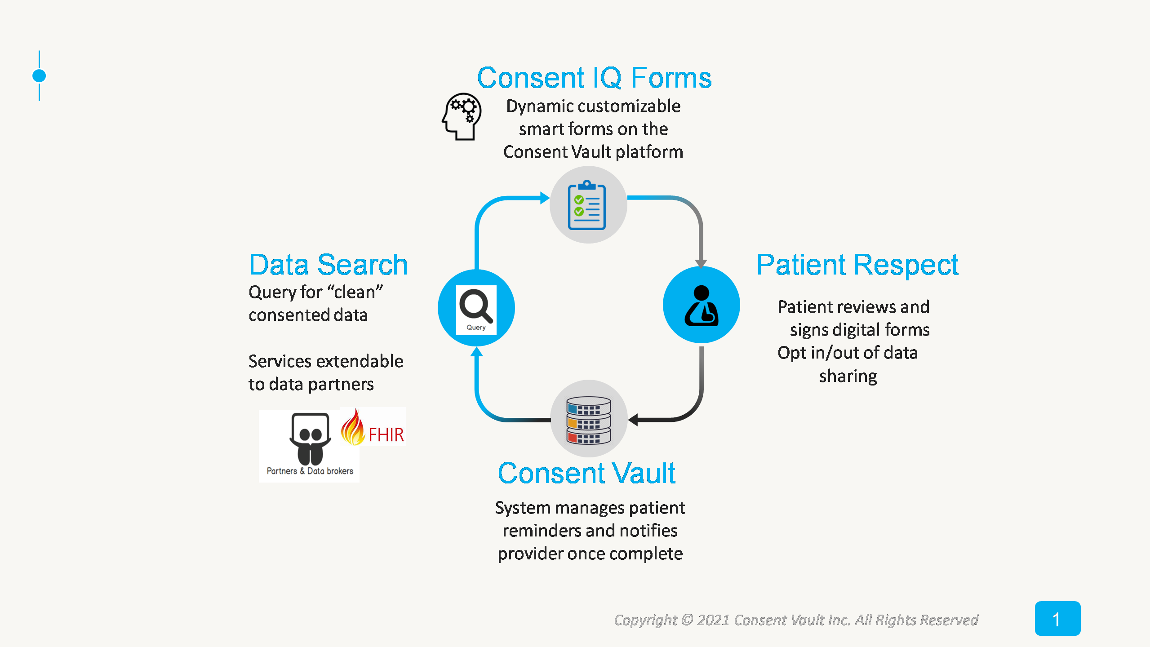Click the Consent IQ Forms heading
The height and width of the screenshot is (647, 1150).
(594, 78)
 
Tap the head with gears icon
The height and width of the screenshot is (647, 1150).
(462, 116)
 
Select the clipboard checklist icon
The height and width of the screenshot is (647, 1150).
(587, 205)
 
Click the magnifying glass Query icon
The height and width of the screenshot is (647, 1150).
(476, 309)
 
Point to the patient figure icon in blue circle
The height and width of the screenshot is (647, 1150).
(701, 306)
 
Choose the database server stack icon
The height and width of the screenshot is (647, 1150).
(588, 420)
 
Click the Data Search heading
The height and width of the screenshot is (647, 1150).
(328, 265)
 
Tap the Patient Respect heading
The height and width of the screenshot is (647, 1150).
(857, 265)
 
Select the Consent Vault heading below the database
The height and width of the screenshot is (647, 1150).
(586, 473)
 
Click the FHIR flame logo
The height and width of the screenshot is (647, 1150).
(373, 428)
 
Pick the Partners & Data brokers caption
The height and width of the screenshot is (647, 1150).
(310, 471)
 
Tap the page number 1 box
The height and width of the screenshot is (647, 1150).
(1057, 619)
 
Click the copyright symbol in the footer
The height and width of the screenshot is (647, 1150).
(687, 620)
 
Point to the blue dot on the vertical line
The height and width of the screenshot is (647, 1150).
(39, 76)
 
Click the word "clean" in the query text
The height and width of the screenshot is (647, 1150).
(355, 292)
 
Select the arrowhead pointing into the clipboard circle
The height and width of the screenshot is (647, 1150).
(544, 198)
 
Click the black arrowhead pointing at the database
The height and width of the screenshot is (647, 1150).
(634, 420)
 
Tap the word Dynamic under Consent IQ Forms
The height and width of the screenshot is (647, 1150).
(533, 106)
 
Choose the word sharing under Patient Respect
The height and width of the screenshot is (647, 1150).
(848, 376)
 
